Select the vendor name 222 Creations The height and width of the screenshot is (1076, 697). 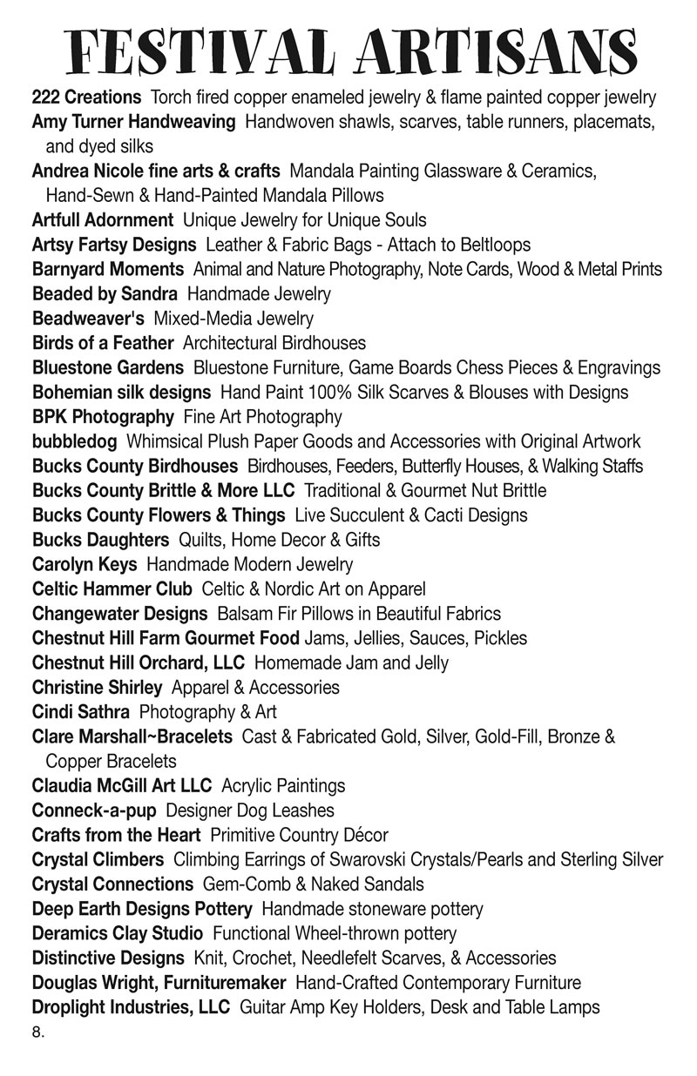[86, 98]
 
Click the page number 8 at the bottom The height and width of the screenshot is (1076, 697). [37, 1034]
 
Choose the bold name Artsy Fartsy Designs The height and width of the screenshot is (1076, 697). [113, 245]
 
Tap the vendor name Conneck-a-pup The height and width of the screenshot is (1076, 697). [94, 810]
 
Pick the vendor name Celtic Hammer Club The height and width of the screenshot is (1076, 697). [112, 588]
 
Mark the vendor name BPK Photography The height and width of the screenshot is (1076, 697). [103, 416]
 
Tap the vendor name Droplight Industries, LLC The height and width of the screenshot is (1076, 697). [131, 1007]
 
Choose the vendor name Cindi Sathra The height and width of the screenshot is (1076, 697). [81, 712]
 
